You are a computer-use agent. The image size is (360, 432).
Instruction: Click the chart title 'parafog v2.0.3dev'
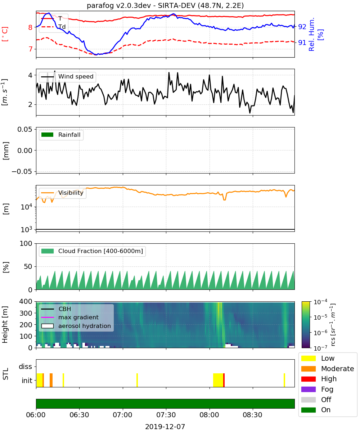point(118,5)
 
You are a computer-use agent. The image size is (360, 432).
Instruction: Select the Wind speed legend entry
point(67,77)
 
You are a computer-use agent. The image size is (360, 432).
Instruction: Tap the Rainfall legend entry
point(61,135)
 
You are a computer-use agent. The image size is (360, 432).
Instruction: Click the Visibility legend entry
point(62,193)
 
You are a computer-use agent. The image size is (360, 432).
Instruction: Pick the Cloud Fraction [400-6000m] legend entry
point(92,251)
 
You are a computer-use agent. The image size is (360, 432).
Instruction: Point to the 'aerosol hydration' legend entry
point(76,326)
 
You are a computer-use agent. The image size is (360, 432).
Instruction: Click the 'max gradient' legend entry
point(70,317)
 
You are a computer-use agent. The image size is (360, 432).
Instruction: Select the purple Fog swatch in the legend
point(308,389)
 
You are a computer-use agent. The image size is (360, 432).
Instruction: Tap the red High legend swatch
point(308,379)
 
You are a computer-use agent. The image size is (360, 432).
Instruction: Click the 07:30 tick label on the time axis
point(166,415)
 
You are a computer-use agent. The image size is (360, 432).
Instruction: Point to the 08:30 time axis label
point(253,415)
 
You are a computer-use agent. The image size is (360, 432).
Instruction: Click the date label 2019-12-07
point(165,427)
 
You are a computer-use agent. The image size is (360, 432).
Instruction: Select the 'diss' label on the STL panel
point(25,366)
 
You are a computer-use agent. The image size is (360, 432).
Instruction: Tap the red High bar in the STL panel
point(224,380)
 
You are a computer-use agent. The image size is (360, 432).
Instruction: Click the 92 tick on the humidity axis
point(302,27)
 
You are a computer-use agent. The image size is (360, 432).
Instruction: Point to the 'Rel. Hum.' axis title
point(311,34)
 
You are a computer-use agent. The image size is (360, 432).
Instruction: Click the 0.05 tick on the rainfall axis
point(25,129)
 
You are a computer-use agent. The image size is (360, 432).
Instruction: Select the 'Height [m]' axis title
point(5,324)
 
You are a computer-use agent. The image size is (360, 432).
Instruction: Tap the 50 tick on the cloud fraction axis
point(28,266)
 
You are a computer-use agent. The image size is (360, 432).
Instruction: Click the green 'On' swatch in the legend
point(308,410)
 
